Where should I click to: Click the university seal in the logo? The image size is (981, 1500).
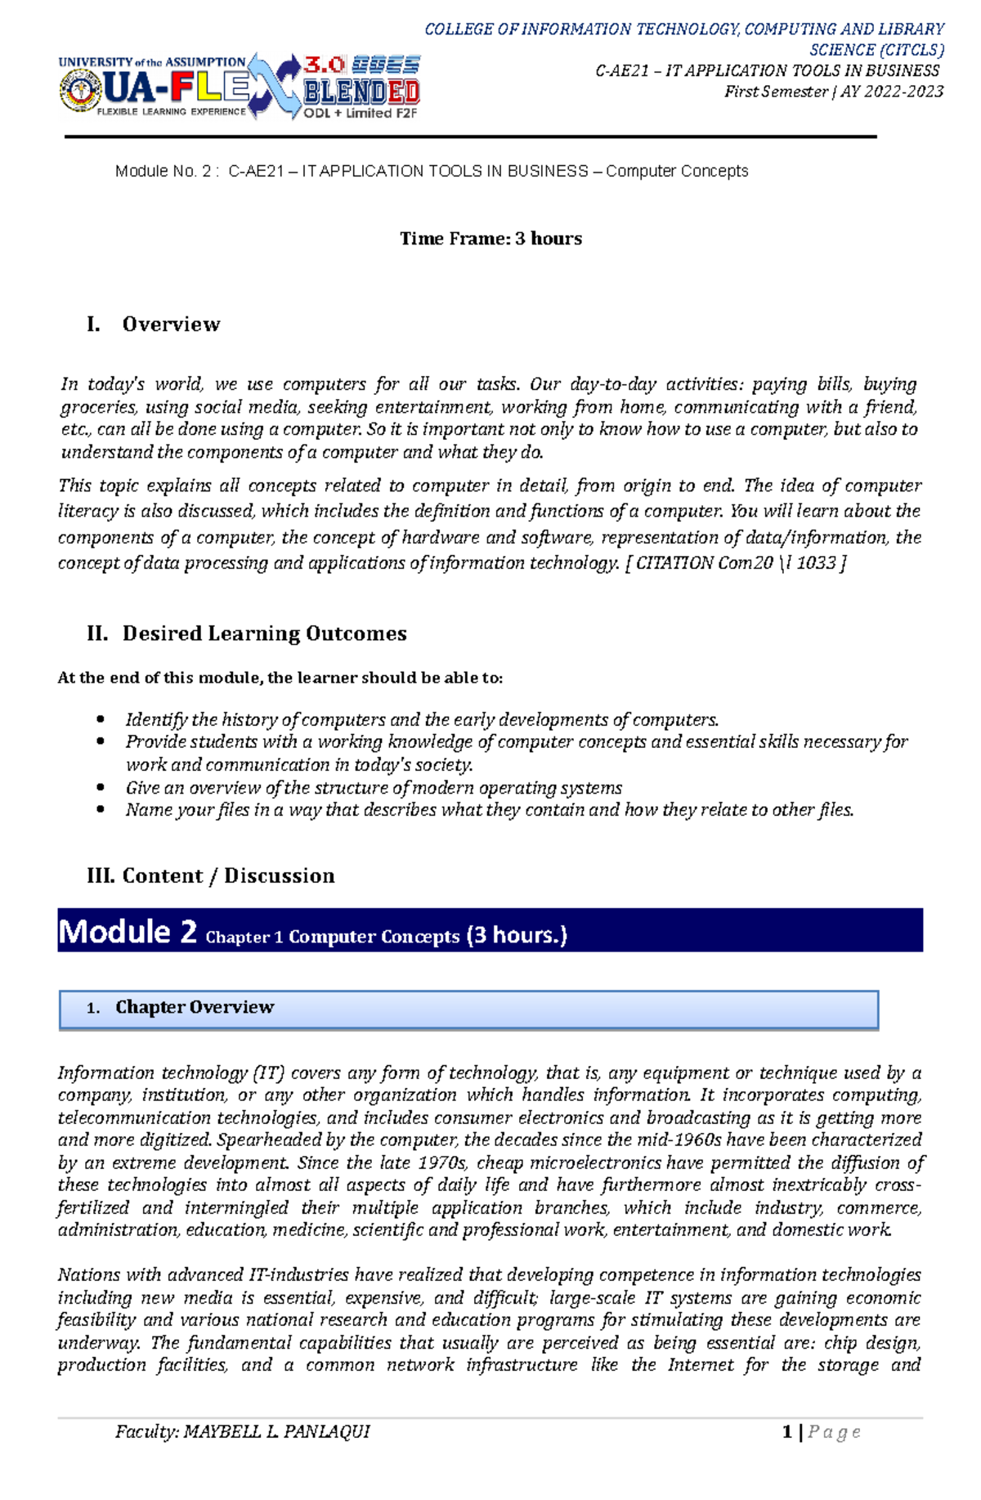point(79,92)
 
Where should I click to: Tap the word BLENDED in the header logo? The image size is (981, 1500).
point(361,92)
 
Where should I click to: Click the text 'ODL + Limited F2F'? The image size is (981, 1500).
point(361,114)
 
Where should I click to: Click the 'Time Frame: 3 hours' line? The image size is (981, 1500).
point(490,239)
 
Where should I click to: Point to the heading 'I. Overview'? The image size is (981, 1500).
point(154,325)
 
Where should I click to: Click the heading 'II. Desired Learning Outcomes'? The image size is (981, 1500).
point(247,634)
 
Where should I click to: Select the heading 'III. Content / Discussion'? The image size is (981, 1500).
point(211,875)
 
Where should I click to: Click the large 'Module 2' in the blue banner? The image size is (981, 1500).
point(128,932)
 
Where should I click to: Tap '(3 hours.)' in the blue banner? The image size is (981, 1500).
point(516,935)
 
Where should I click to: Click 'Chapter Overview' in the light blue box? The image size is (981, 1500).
point(195,1007)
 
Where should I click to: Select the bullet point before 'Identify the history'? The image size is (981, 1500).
point(101,719)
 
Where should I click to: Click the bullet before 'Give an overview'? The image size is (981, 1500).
point(101,787)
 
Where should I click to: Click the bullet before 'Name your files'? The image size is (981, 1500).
point(101,809)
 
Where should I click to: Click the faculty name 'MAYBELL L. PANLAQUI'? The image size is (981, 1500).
point(277,1431)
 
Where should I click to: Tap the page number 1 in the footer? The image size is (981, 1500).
point(786,1431)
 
